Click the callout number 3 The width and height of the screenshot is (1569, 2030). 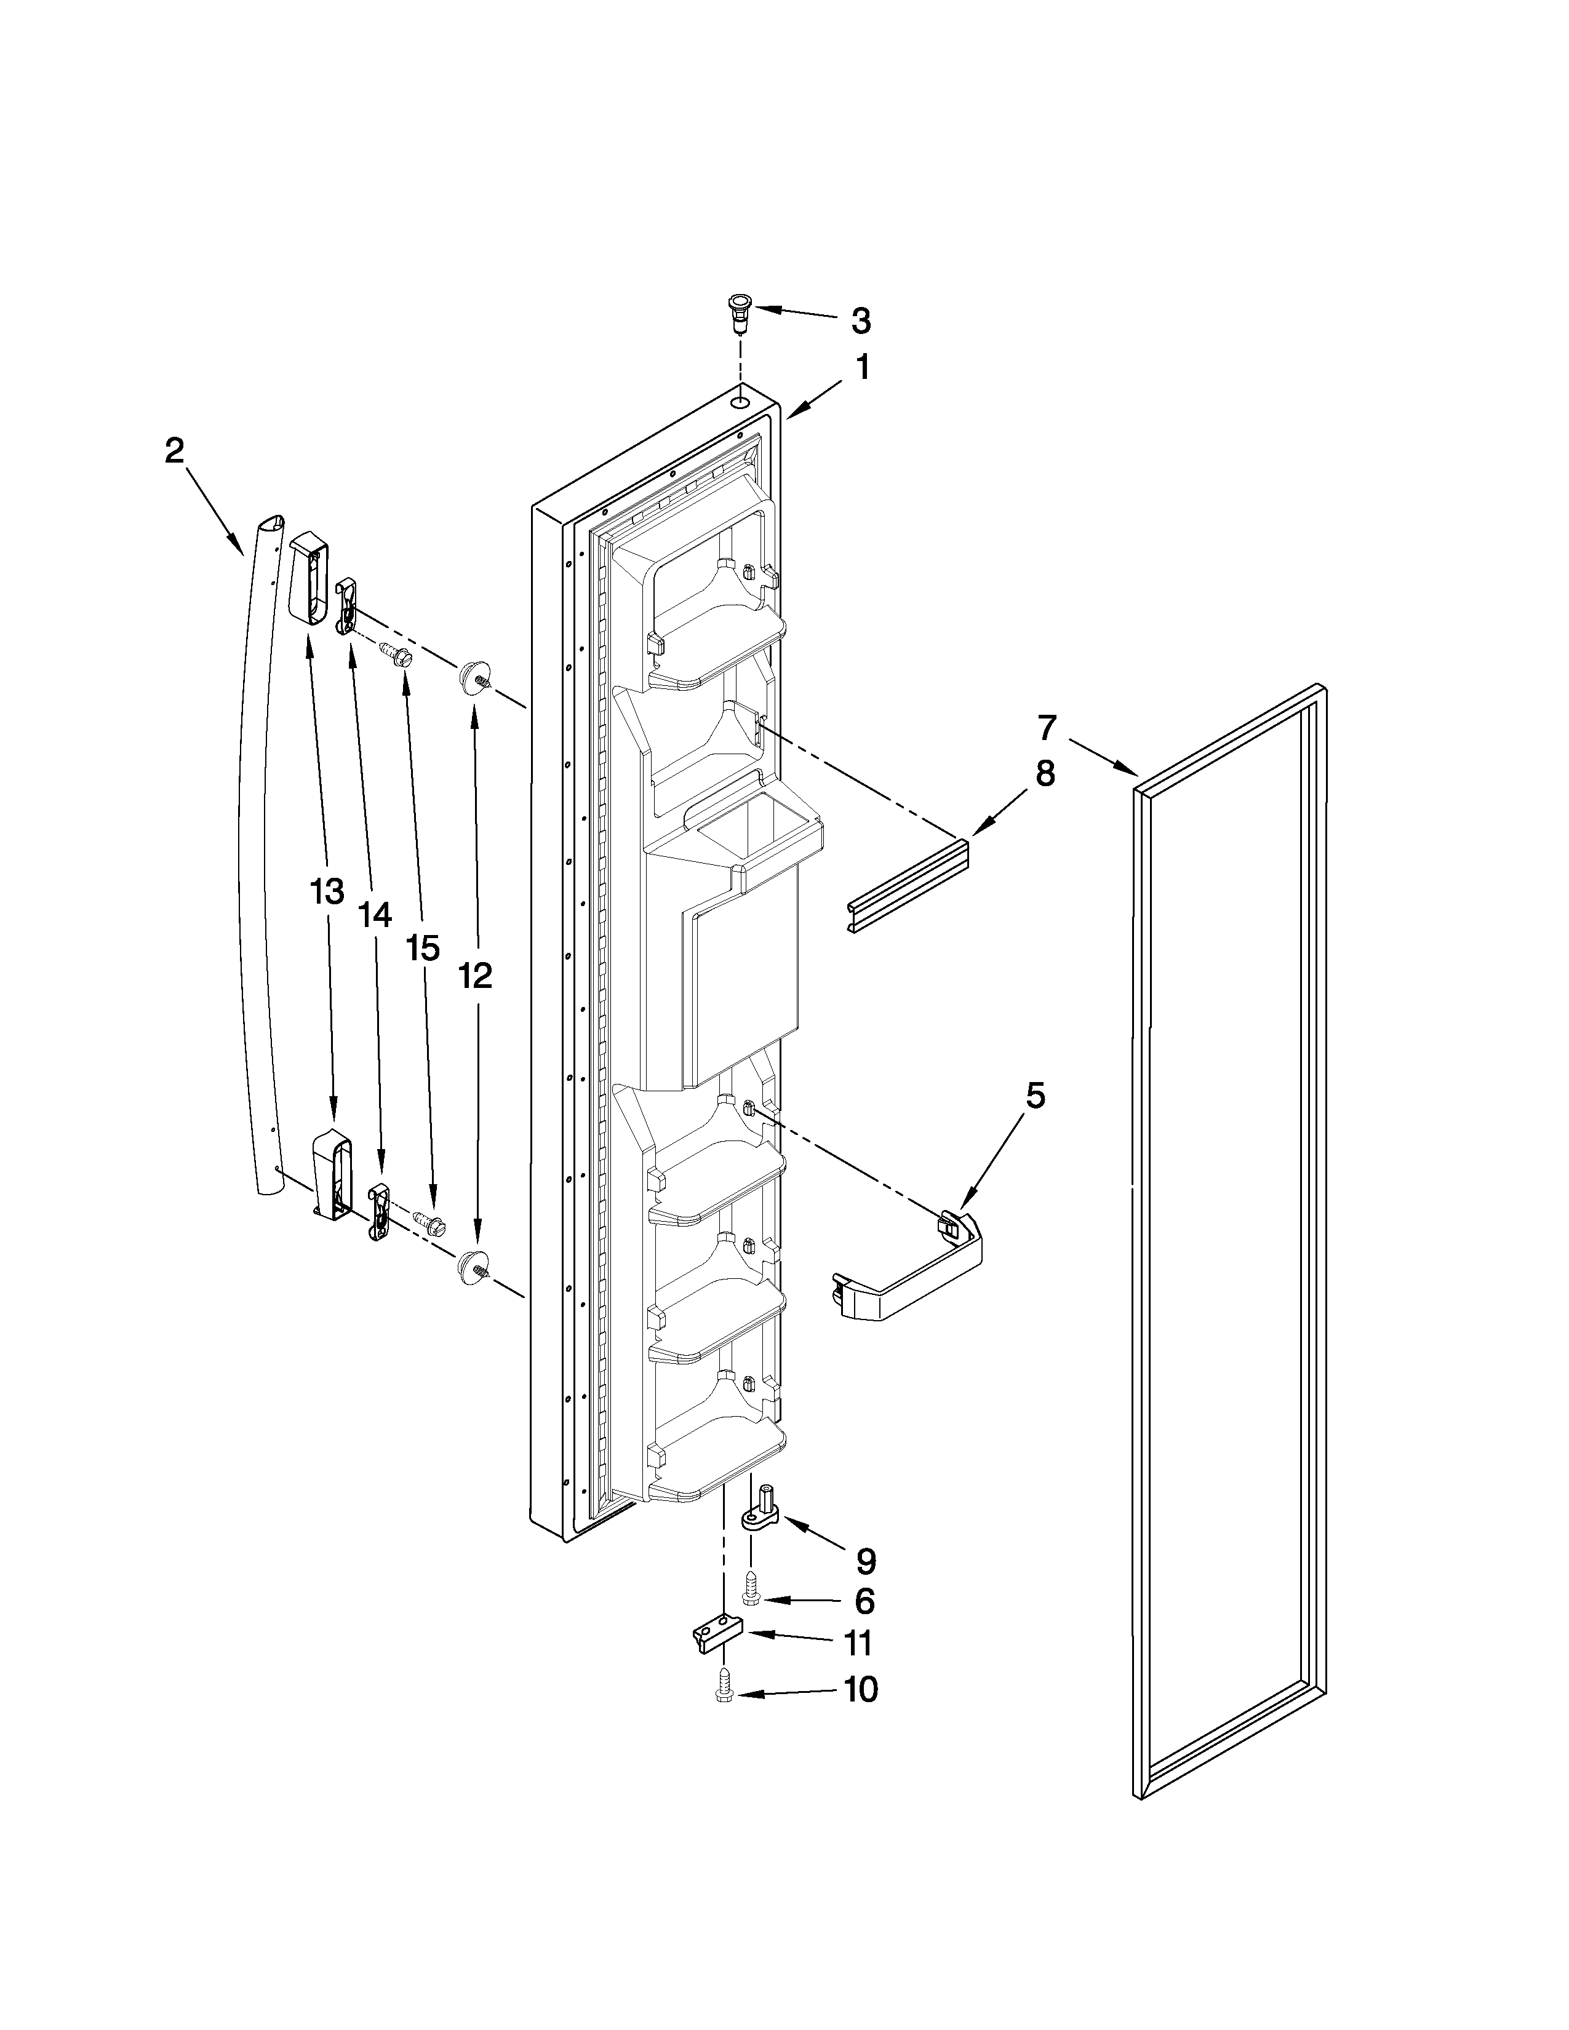click(x=861, y=322)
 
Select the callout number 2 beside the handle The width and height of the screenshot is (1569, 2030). click(x=175, y=452)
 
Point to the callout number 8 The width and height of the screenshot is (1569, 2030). click(x=1045, y=773)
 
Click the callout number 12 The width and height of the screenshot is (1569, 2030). click(x=475, y=975)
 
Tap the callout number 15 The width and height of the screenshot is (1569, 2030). click(x=423, y=949)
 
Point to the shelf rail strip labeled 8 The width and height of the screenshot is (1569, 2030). click(x=908, y=888)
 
